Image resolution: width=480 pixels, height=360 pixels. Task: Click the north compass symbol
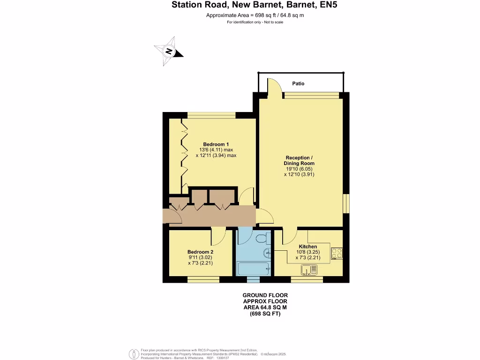pyautogui.click(x=168, y=51)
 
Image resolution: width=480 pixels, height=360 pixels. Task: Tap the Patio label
pyautogui.click(x=298, y=83)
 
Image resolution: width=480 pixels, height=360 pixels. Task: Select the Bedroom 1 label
pyautogui.click(x=216, y=144)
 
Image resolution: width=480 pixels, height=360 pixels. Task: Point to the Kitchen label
pyautogui.click(x=308, y=247)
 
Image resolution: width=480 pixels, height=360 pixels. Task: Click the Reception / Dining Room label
pyautogui.click(x=299, y=160)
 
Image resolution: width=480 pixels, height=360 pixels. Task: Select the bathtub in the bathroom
pyautogui.click(x=253, y=269)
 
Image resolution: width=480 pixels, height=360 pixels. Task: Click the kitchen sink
pyautogui.click(x=309, y=270)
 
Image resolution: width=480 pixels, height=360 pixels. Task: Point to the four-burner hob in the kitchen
pyautogui.click(x=337, y=253)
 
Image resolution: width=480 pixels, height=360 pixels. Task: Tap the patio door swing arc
pyautogui.click(x=274, y=87)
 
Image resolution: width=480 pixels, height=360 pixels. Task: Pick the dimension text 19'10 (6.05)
pyautogui.click(x=299, y=169)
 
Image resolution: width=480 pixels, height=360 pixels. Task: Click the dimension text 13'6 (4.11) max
pyautogui.click(x=216, y=150)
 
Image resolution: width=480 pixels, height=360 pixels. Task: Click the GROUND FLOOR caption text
pyautogui.click(x=265, y=295)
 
